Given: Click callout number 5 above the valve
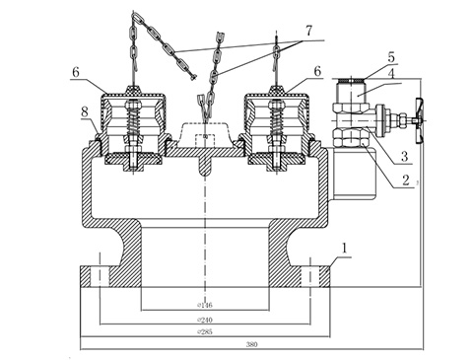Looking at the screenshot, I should pyautogui.click(x=362, y=57).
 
